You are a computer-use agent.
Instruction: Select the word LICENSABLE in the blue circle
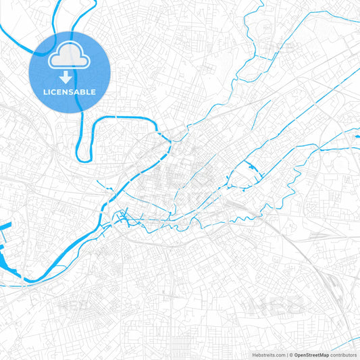(70, 92)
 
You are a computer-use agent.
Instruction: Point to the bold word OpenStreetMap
(311, 355)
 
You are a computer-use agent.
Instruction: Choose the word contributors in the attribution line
(343, 355)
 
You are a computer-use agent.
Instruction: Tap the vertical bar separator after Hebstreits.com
(286, 355)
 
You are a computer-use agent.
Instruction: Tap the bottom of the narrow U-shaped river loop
(84, 159)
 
